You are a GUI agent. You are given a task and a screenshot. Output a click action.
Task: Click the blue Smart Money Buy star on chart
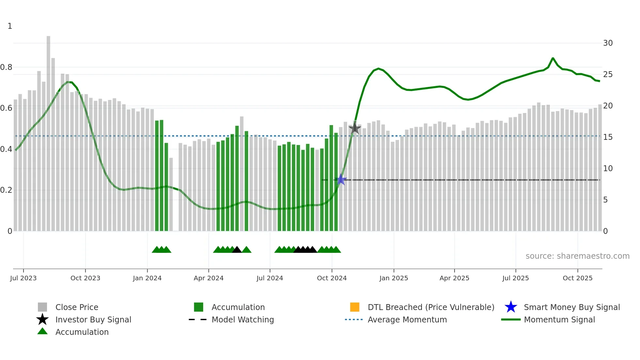point(341,180)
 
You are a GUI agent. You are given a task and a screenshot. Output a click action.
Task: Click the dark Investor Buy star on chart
point(355,128)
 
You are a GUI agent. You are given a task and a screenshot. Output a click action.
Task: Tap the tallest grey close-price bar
point(48,131)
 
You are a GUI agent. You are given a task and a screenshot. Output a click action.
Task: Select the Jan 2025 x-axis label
point(393,278)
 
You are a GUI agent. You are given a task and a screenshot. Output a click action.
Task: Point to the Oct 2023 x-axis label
point(85,278)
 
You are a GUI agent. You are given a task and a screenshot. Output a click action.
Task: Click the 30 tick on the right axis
point(608,43)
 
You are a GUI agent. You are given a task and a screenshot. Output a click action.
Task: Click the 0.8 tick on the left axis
point(6,67)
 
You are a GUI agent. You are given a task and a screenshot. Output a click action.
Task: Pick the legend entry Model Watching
point(243,319)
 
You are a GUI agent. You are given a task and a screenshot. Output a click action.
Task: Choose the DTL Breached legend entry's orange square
point(355,307)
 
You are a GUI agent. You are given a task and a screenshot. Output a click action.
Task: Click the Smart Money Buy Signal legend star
point(511,307)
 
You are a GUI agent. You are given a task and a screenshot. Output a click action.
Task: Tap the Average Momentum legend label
point(407,319)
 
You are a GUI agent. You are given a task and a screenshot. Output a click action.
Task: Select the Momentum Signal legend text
point(559,319)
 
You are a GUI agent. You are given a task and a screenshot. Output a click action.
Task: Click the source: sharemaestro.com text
point(577,256)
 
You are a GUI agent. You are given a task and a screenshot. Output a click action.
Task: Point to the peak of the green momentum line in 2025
point(553,58)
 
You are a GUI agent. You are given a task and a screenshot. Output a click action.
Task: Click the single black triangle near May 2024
point(237,250)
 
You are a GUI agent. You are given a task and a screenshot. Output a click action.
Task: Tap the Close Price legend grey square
point(42,307)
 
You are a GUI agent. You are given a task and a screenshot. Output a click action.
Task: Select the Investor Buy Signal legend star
point(42,319)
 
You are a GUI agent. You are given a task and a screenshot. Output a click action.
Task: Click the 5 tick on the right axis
point(605,200)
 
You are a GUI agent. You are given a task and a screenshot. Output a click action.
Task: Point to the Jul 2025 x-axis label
point(516,278)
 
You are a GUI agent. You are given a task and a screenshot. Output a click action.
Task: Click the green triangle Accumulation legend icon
point(42,332)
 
